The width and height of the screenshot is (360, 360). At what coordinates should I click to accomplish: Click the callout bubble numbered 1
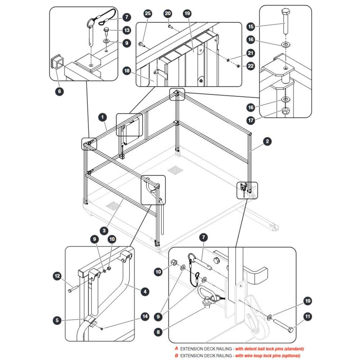(102, 117)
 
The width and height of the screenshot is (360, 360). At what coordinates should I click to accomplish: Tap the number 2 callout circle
(267, 141)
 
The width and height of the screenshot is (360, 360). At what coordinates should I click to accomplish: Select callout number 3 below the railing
(104, 230)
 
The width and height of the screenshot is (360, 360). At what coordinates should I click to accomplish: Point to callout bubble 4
(145, 292)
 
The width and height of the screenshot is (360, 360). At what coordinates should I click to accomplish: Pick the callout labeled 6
(59, 91)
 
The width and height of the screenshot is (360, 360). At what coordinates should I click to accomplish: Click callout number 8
(158, 332)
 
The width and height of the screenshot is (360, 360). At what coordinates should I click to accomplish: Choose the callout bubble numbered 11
(307, 316)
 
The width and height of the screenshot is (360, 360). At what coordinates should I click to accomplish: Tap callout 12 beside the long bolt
(57, 276)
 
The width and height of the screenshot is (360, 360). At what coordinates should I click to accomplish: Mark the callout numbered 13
(127, 30)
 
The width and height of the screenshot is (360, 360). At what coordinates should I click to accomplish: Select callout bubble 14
(145, 316)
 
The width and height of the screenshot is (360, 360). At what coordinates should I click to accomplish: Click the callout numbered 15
(251, 26)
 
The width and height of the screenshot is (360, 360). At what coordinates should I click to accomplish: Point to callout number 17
(251, 120)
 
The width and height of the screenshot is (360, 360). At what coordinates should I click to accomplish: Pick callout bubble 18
(127, 71)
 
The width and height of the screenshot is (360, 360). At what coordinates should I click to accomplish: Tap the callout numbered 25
(148, 13)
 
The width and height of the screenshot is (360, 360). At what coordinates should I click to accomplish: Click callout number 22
(251, 66)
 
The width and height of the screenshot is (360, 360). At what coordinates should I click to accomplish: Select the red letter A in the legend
(176, 348)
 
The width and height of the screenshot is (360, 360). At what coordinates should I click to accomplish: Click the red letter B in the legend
(176, 355)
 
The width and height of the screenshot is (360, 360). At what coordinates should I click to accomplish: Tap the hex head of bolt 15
(285, 12)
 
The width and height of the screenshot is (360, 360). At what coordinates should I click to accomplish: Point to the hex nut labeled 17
(285, 111)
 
